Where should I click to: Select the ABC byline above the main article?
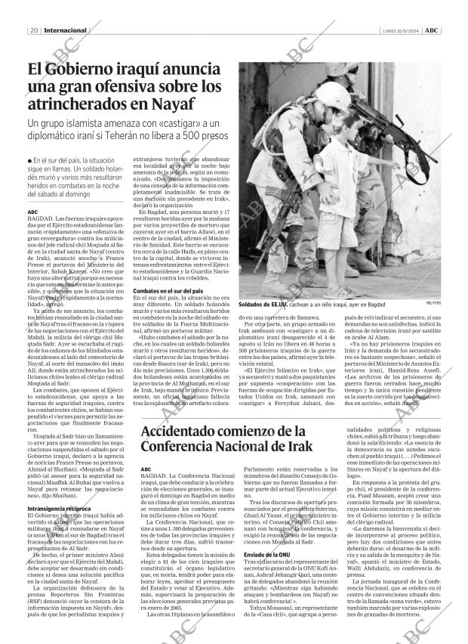pyautogui.click(x=32, y=212)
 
